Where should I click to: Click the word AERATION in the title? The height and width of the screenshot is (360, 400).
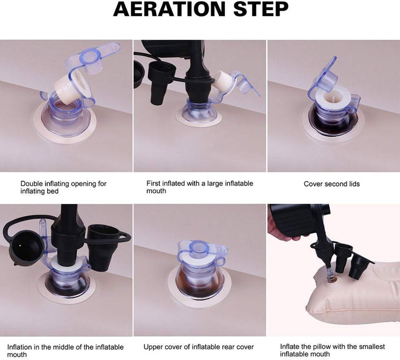click(x=169, y=9)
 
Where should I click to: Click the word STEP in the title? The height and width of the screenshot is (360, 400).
click(x=261, y=9)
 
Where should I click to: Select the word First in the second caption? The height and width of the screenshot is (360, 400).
click(x=153, y=183)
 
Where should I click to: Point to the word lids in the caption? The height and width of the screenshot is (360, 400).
click(x=354, y=184)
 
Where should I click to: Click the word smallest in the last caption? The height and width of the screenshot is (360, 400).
click(x=372, y=347)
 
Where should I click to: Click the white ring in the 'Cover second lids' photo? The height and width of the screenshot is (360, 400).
click(x=333, y=98)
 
